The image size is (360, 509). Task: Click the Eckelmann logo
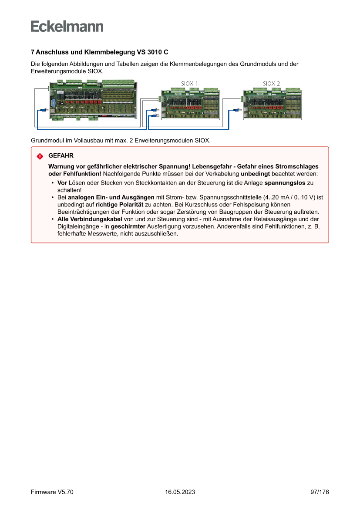click(x=67, y=26)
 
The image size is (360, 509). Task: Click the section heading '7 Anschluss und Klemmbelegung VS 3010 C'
click(x=99, y=52)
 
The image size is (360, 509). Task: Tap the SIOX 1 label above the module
click(x=189, y=83)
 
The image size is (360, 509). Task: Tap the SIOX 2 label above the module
click(x=271, y=83)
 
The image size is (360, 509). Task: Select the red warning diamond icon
click(x=40, y=156)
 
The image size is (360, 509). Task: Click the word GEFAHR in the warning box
click(x=61, y=155)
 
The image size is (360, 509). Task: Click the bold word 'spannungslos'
click(x=285, y=183)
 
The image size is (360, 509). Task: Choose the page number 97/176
click(x=320, y=492)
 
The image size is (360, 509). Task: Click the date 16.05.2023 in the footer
click(x=180, y=492)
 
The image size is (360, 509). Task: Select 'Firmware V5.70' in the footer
click(x=52, y=492)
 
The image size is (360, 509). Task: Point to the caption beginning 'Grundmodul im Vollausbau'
click(x=121, y=141)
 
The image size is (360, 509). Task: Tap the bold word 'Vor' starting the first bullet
click(x=62, y=183)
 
